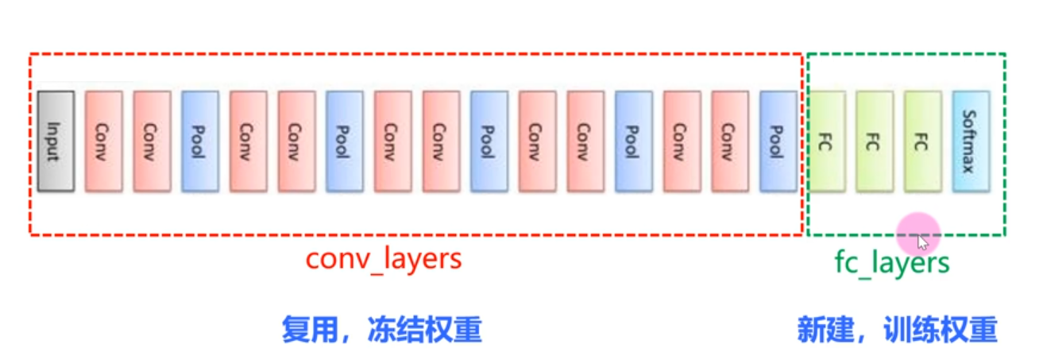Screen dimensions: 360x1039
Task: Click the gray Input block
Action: point(56,141)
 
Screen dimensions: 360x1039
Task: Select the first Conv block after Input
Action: point(104,141)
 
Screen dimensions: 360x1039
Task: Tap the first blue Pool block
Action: point(200,141)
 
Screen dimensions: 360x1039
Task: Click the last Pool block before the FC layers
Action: point(778,141)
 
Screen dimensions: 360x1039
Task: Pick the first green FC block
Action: point(827,141)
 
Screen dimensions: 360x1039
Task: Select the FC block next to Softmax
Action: point(922,141)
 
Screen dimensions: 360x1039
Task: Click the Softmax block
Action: point(971,141)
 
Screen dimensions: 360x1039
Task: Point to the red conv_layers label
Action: point(384,260)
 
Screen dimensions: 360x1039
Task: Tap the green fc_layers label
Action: point(891,262)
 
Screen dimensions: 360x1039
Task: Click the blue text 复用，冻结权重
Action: point(381,329)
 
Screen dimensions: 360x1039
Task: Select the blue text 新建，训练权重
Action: point(897,329)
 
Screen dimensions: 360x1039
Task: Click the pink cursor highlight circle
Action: point(918,234)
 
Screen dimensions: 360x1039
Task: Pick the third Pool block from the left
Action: point(489,141)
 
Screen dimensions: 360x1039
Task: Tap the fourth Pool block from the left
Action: point(633,141)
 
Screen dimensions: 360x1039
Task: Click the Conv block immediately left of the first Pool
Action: point(152,141)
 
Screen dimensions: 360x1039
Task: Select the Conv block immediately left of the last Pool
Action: point(730,141)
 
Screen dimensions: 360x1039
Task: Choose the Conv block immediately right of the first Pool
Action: point(249,141)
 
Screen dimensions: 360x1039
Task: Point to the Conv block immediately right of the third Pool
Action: point(537,141)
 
